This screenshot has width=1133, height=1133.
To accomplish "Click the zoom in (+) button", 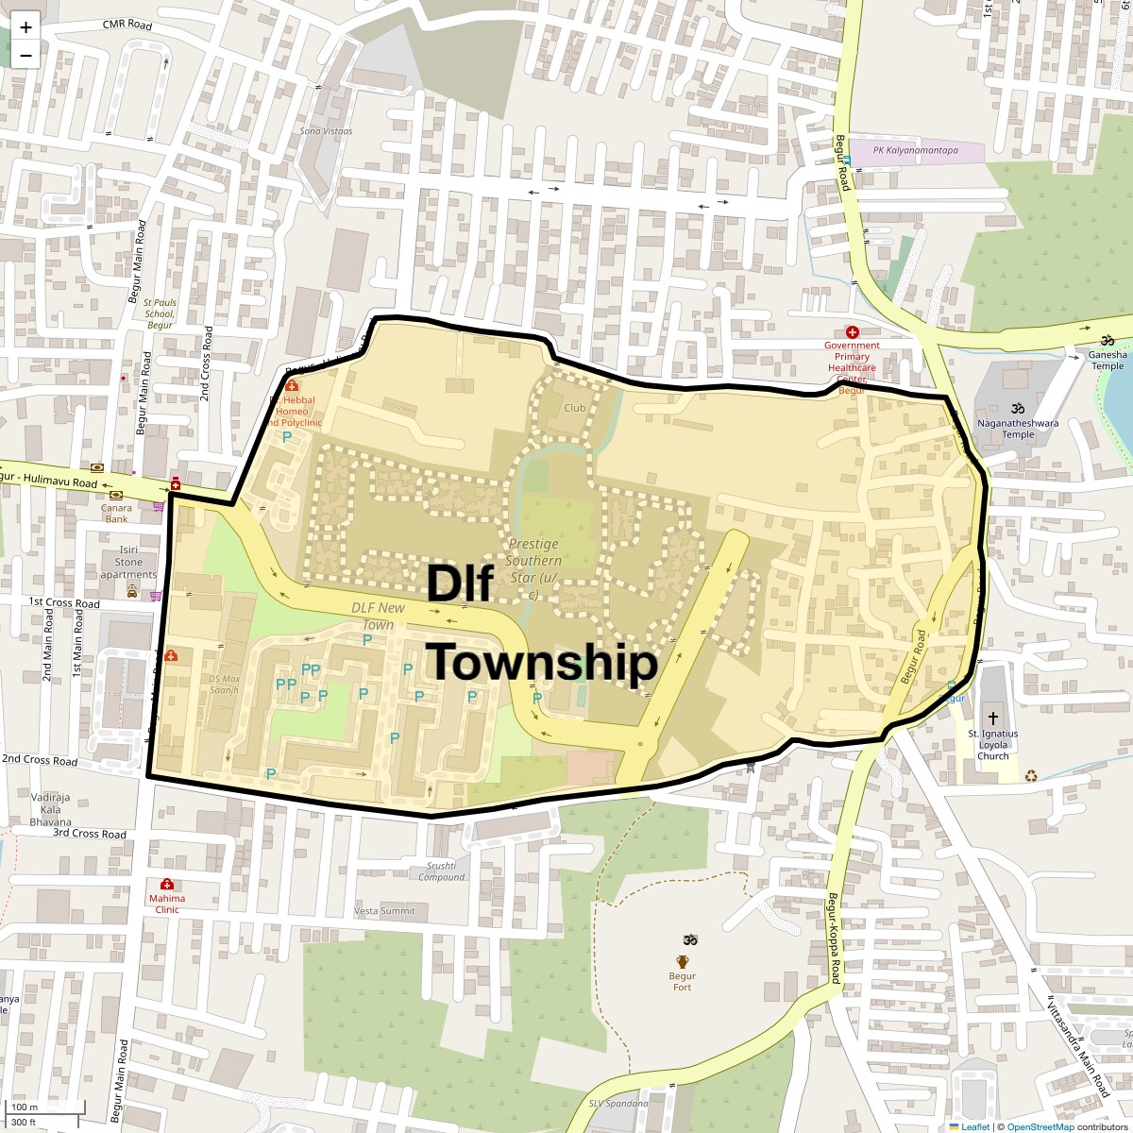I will tap(25, 27).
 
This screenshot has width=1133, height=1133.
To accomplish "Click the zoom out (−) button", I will tap(25, 56).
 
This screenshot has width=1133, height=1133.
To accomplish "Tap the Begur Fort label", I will tap(682, 982).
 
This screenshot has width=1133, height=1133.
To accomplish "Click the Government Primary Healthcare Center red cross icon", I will tap(852, 332).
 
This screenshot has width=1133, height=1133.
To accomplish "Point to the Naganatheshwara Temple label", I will tap(1018, 429).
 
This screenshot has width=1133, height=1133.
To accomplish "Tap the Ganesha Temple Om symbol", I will tap(1108, 341).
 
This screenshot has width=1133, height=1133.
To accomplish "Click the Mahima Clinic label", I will tap(167, 904).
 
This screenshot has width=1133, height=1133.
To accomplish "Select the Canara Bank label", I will tap(116, 514).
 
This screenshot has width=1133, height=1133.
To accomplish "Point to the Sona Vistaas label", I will tap(326, 131).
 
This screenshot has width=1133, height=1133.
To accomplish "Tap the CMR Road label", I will tap(127, 25).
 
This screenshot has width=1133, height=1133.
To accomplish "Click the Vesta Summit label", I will tap(384, 911).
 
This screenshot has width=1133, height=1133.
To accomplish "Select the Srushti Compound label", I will tap(442, 871).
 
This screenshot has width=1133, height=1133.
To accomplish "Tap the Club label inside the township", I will tap(574, 408).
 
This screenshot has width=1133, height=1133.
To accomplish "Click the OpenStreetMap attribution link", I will tap(1040, 1126).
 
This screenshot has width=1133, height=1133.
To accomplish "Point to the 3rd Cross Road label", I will tap(90, 834).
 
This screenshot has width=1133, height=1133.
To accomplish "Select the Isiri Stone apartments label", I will tap(128, 562).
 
